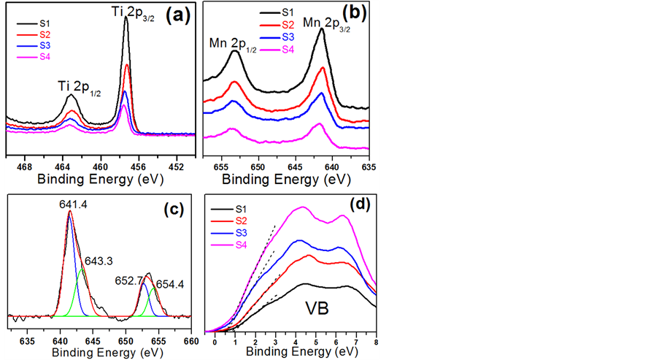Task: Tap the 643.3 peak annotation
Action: (96, 260)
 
